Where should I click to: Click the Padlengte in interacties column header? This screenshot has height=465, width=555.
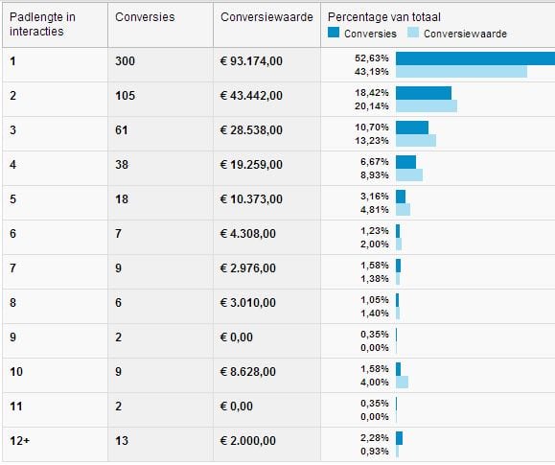click(42, 24)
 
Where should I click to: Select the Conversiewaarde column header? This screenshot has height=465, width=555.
click(266, 17)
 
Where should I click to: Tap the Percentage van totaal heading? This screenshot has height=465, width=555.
click(384, 17)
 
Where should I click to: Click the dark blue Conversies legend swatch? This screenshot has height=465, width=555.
click(334, 33)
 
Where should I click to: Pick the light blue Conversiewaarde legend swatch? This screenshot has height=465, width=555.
click(413, 33)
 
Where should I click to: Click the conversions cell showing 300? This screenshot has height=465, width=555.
click(125, 61)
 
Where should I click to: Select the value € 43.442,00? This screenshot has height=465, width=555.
click(251, 96)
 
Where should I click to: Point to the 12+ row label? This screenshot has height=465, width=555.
click(20, 441)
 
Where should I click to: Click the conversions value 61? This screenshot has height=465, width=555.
click(122, 130)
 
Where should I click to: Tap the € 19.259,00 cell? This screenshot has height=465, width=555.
click(251, 165)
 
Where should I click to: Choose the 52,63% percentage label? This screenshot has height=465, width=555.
click(372, 58)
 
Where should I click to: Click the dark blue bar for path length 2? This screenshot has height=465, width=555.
click(424, 93)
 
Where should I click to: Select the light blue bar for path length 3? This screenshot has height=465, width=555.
click(416, 141)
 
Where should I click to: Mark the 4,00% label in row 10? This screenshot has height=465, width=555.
click(375, 383)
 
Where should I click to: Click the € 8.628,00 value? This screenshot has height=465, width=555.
click(247, 372)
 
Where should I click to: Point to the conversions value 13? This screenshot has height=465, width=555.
click(122, 441)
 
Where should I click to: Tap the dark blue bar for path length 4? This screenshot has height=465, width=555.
click(406, 162)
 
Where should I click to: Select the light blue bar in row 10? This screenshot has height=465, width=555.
click(402, 383)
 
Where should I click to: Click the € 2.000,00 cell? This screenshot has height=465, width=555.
click(247, 441)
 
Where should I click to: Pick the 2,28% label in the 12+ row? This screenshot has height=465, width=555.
click(375, 438)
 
